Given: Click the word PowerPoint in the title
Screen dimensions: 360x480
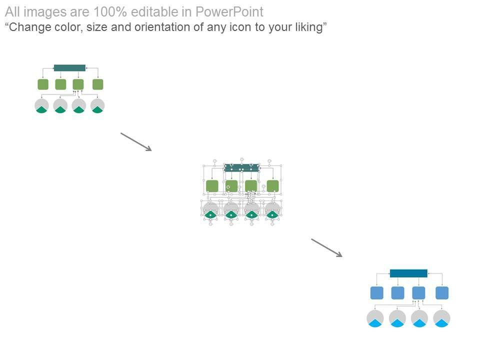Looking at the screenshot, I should pyautogui.click(x=230, y=12).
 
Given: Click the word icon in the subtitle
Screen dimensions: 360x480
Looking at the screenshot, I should pyautogui.click(x=242, y=27).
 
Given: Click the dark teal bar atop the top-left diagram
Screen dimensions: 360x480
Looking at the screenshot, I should pyautogui.click(x=69, y=67).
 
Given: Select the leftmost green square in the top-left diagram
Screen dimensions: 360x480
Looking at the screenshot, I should pyautogui.click(x=43, y=84).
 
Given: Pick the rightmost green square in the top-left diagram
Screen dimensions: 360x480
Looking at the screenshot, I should pyautogui.click(x=98, y=84).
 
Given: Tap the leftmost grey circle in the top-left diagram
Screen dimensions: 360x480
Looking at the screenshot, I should pyautogui.click(x=41, y=105).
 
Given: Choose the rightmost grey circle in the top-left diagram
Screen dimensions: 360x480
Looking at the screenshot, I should pyautogui.click(x=97, y=105).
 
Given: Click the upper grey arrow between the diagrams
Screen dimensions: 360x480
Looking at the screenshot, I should pyautogui.click(x=136, y=141).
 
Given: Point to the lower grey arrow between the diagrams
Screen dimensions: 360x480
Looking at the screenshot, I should pyautogui.click(x=326, y=248).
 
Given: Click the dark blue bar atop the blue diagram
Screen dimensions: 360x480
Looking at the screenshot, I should pyautogui.click(x=408, y=273).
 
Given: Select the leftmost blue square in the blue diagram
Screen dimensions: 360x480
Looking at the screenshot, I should pyautogui.click(x=376, y=293).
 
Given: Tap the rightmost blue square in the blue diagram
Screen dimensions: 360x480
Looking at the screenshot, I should pyautogui.click(x=442, y=293).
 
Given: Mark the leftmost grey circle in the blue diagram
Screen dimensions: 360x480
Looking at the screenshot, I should pyautogui.click(x=375, y=318).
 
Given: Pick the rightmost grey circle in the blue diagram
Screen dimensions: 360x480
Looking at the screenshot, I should pyautogui.click(x=441, y=318).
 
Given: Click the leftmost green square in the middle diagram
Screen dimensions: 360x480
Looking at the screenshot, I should pyautogui.click(x=212, y=186).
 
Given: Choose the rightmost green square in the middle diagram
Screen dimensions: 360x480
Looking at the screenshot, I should pyautogui.click(x=272, y=186).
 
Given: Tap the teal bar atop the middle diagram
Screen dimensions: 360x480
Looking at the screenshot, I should pyautogui.click(x=242, y=168).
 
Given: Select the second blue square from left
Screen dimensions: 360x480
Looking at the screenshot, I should pyautogui.click(x=397, y=293).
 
